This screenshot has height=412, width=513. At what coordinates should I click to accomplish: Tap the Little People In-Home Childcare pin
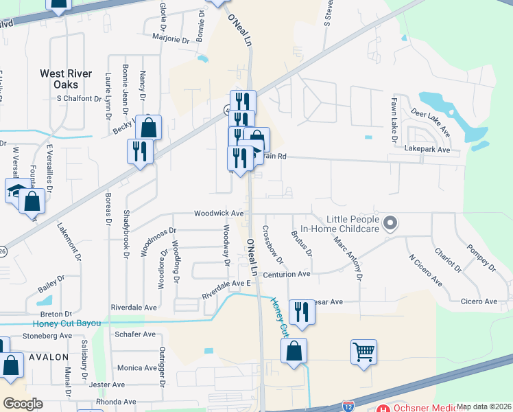(x=391, y=222)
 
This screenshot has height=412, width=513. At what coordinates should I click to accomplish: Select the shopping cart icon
(x=363, y=352)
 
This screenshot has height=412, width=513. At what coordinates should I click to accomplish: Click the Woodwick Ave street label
(x=219, y=214)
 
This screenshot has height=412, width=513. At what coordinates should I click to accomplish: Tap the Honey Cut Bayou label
(x=66, y=323)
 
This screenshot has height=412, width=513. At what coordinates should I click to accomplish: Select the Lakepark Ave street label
(x=427, y=149)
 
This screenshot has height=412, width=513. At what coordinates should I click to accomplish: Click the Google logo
(x=23, y=404)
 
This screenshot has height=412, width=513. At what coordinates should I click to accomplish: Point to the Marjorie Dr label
(x=171, y=39)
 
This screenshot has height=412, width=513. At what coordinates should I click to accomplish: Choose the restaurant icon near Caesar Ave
(x=301, y=312)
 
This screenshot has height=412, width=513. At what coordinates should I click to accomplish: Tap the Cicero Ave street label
(x=479, y=301)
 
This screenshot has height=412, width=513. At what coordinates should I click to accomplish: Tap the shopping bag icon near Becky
(x=148, y=127)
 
